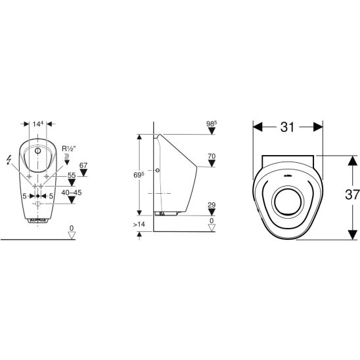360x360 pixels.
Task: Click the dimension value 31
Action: (x=287, y=127)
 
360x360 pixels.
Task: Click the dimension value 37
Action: (x=352, y=194)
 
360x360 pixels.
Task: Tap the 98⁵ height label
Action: (x=212, y=124)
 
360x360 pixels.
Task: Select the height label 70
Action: (x=212, y=156)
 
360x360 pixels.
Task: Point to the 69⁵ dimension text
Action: (x=139, y=175)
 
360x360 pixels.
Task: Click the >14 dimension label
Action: (x=139, y=224)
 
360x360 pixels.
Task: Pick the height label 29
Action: (x=212, y=205)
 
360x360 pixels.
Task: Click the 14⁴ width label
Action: (x=38, y=124)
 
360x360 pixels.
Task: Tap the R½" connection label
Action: (x=68, y=148)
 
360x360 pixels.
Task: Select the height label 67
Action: (x=83, y=166)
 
